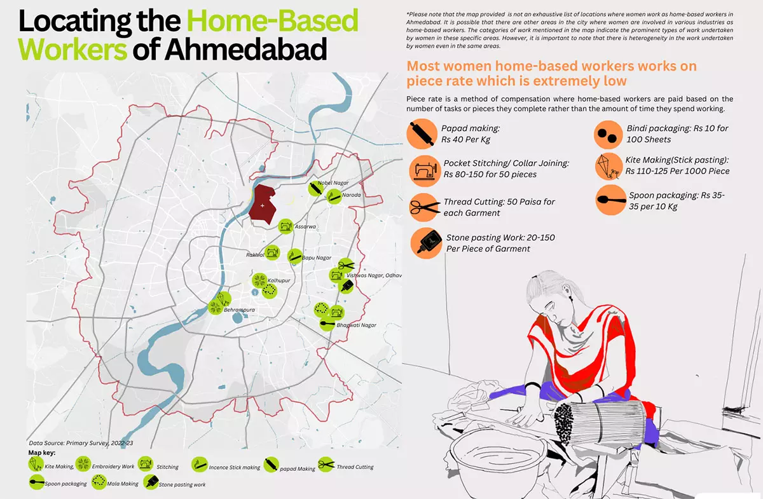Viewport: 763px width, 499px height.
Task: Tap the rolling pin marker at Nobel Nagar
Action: pyautogui.click(x=315, y=189)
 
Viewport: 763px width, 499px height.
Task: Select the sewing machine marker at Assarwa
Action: pyautogui.click(x=285, y=225)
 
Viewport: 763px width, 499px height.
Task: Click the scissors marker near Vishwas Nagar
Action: pyautogui.click(x=345, y=265)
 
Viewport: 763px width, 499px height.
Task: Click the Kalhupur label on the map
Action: pyautogui.click(x=280, y=280)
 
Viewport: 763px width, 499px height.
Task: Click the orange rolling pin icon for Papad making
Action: pyautogui.click(x=420, y=135)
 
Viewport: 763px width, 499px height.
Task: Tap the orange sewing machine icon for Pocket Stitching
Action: pyautogui.click(x=423, y=169)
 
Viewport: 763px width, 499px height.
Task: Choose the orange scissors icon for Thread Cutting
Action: pyautogui.click(x=423, y=206)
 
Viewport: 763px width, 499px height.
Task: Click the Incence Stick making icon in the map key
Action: pyautogui.click(x=200, y=467)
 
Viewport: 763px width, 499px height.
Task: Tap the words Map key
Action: pyautogui.click(x=43, y=453)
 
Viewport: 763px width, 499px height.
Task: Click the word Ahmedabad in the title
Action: pyautogui.click(x=246, y=49)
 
